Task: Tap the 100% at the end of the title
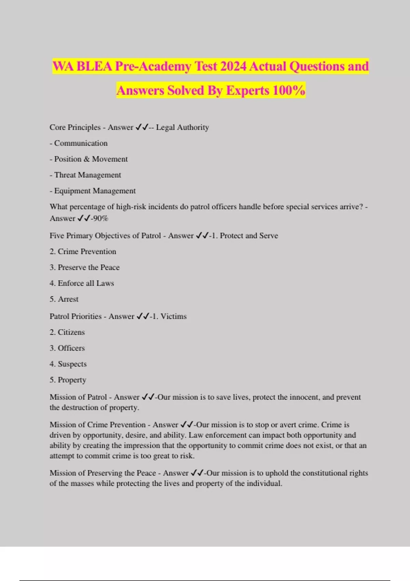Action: pyautogui.click(x=289, y=91)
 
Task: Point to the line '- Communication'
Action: pyautogui.click(x=79, y=143)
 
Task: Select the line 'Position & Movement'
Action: pyautogui.click(x=89, y=159)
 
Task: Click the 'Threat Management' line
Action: pyautogui.click(x=85, y=175)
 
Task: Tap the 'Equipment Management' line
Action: pyautogui.click(x=93, y=191)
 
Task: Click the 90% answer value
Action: pyautogui.click(x=100, y=218)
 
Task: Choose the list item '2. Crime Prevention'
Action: pyautogui.click(x=83, y=252)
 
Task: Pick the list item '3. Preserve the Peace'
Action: pyautogui.click(x=84, y=267)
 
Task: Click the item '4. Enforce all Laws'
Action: pyautogui.click(x=82, y=283)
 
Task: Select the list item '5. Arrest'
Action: pyautogui.click(x=64, y=299)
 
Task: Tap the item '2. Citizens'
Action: pyautogui.click(x=67, y=332)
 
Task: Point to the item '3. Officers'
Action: pyautogui.click(x=67, y=348)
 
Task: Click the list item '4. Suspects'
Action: pyautogui.click(x=68, y=364)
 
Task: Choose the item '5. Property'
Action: pyautogui.click(x=68, y=380)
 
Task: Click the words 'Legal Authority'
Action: pyautogui.click(x=182, y=127)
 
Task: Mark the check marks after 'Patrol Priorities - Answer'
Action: pyautogui.click(x=143, y=316)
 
